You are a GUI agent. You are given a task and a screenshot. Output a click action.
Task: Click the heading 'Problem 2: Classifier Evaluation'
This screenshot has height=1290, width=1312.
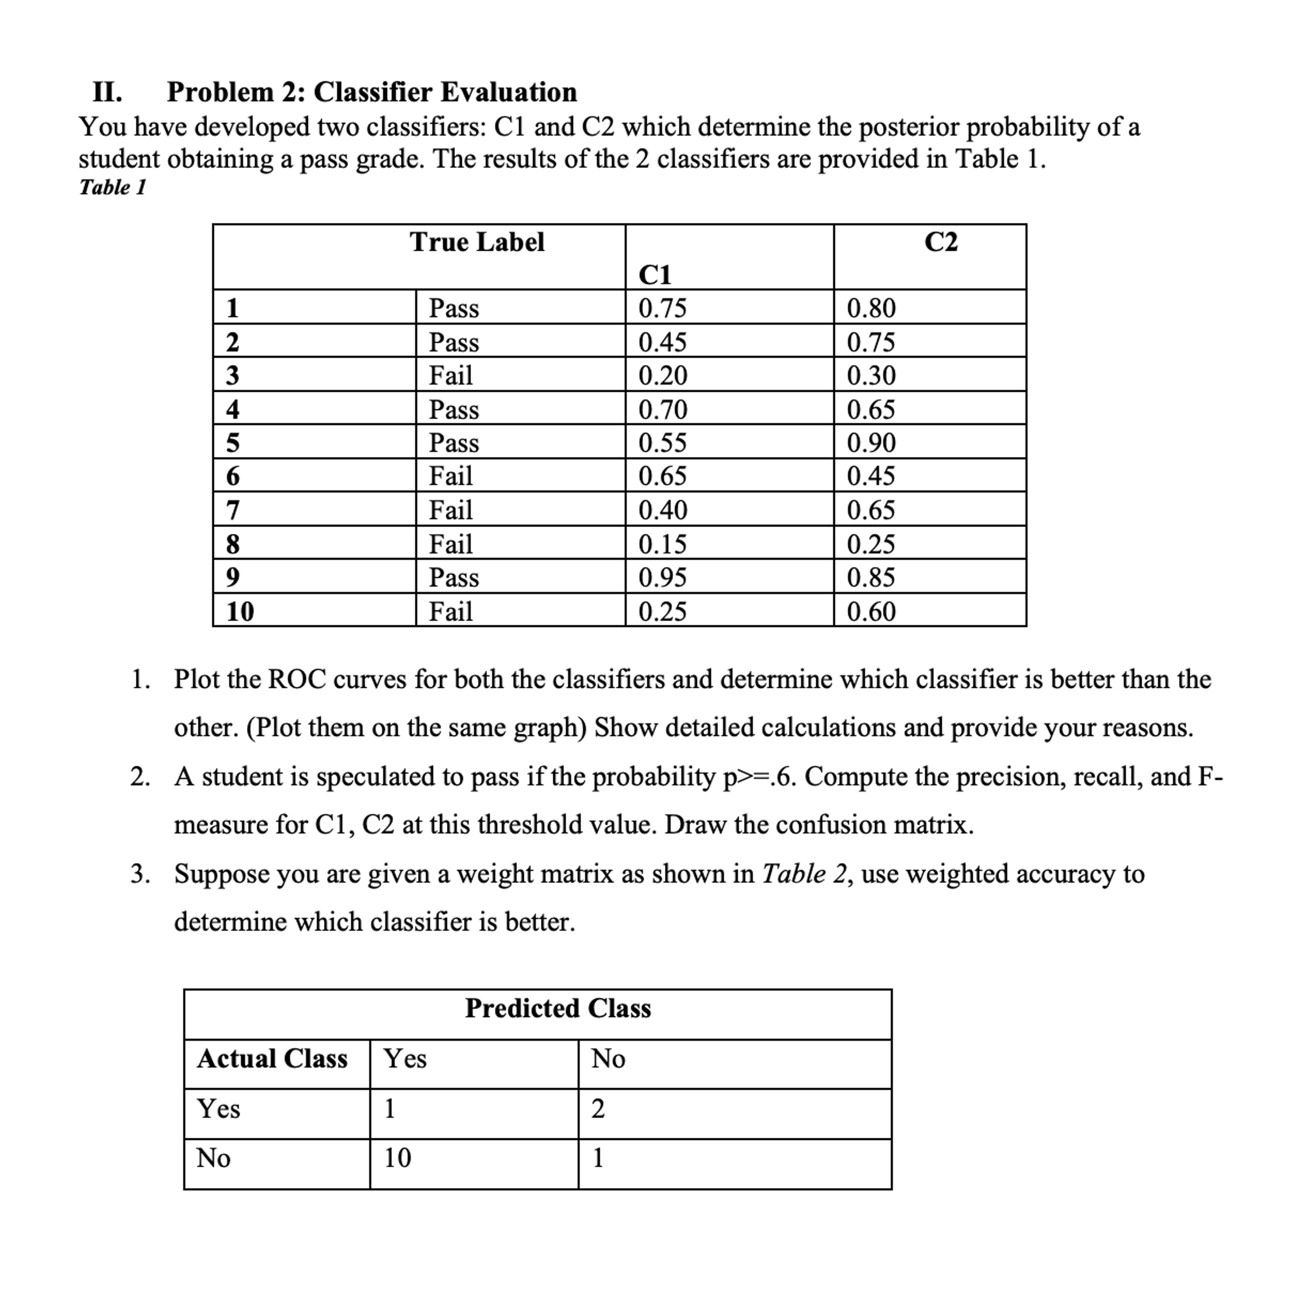[x=371, y=92]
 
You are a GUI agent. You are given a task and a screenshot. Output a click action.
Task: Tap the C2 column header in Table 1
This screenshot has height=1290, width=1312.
[x=941, y=242]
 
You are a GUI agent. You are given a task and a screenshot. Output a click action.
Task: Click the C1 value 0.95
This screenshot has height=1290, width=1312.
[x=662, y=577]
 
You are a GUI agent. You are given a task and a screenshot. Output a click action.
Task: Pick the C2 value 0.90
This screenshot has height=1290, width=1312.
[x=871, y=442]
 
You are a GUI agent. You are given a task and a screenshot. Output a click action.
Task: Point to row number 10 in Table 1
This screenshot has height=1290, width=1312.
[x=240, y=611]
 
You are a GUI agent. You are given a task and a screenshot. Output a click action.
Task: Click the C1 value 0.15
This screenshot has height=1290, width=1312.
[x=662, y=544]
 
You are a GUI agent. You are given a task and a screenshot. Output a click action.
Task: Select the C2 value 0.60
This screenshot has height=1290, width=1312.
[x=871, y=611]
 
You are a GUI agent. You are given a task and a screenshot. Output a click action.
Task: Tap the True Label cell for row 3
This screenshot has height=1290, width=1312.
[x=451, y=375]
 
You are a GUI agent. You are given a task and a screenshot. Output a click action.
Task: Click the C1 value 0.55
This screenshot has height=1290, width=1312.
[x=662, y=442]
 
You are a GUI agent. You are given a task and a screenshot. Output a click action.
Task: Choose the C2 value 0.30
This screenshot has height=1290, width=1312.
[x=871, y=375]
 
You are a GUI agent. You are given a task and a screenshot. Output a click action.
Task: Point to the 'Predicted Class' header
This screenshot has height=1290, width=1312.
[x=557, y=1008]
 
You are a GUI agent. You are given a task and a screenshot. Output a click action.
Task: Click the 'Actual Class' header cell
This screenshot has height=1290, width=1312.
[x=271, y=1058]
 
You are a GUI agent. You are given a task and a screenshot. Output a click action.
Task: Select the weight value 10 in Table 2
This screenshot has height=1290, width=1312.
[x=397, y=1158]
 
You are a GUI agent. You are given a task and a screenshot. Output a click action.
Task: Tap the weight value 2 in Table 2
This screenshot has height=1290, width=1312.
[x=597, y=1108]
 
